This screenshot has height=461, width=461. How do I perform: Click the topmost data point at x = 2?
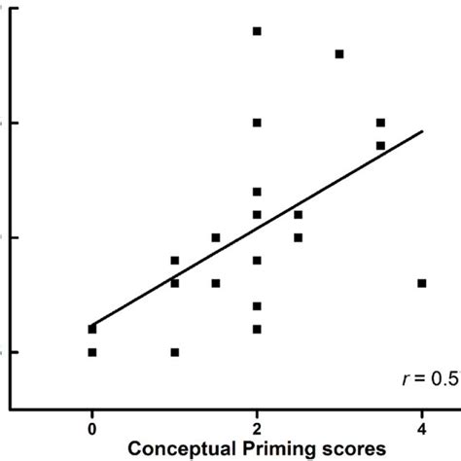point(257,31)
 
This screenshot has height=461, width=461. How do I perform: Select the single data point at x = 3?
point(339,53)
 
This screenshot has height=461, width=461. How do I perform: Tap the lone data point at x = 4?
point(422,283)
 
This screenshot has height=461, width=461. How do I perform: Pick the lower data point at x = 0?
point(92,352)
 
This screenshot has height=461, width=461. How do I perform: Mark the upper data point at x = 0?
point(92,329)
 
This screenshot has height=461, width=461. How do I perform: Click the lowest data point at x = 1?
point(175,352)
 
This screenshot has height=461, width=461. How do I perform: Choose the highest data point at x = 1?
point(175,261)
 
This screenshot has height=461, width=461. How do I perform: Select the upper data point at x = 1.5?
point(216,237)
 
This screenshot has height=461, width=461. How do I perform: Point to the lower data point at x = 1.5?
point(216,283)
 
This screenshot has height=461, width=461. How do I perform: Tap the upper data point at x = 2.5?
point(299,214)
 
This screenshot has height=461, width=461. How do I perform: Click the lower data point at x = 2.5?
point(299,237)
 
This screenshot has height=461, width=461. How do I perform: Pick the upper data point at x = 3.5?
point(380,123)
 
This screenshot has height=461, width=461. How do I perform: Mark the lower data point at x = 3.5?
point(380,146)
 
